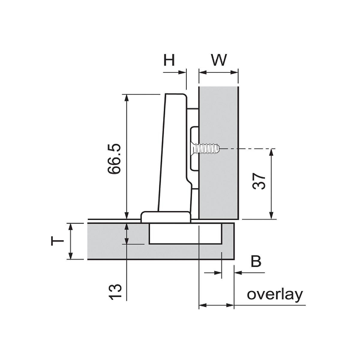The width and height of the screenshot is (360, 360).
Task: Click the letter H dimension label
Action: point(169,60)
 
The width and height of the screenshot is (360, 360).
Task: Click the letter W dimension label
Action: point(218,60)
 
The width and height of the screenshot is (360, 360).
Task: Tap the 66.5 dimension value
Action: point(114,159)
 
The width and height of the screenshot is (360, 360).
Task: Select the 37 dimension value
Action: point(259,181)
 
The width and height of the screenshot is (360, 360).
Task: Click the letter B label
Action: point(256,262)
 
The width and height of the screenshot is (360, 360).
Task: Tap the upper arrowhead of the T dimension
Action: point(70,227)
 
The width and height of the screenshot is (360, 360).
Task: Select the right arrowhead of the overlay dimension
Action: point(230,305)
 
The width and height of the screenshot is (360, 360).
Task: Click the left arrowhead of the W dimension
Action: point(203,73)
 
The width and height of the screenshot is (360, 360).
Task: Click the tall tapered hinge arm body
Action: point(175,153)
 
